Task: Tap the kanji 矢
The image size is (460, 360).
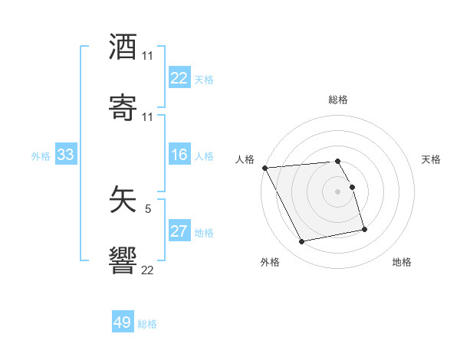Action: pos(123,199)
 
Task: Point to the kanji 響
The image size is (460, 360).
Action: pos(123,259)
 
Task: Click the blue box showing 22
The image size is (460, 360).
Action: pos(179,78)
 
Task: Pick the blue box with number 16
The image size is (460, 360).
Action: pos(179,155)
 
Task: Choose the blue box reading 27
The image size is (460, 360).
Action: pos(179,232)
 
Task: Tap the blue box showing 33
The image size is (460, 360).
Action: pos(65,155)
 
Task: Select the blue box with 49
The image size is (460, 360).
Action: pos(123,323)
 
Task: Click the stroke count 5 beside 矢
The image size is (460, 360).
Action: pos(147,208)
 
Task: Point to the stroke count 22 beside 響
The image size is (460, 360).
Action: pos(147,269)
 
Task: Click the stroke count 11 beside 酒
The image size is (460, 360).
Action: pos(147,56)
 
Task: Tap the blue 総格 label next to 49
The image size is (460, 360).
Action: pos(147,324)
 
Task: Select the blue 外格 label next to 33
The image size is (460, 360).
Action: pos(41,156)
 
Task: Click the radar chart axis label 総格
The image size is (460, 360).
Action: pos(338,100)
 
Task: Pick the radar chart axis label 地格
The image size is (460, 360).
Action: pos(402,263)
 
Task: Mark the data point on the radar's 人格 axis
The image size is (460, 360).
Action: pos(264,168)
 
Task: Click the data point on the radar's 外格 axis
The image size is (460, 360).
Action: pos(302,242)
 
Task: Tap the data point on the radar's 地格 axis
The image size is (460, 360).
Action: pos(364,229)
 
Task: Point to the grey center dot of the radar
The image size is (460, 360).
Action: pos(338,191)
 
